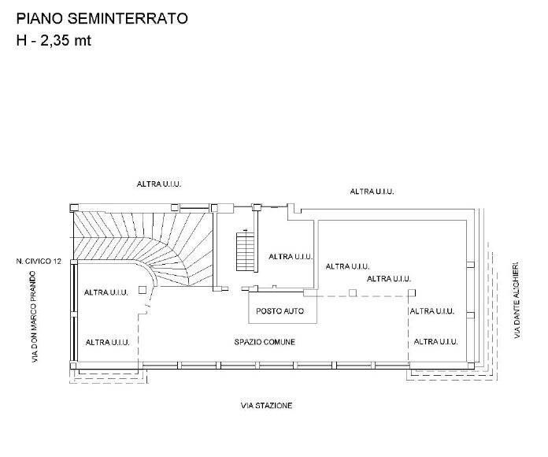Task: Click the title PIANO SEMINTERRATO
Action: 102,19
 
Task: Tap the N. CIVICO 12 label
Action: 39,261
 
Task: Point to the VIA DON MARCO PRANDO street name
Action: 34,317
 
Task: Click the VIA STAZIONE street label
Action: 266,406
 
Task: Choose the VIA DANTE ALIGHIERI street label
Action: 517,300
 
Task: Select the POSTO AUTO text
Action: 280,311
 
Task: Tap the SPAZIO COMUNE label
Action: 265,342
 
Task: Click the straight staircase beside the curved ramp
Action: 246,251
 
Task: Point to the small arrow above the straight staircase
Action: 246,230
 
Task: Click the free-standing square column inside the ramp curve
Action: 143,289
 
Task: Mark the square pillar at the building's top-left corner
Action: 74,208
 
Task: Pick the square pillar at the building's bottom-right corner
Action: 471,366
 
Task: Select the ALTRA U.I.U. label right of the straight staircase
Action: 291,257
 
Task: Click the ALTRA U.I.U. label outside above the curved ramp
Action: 159,184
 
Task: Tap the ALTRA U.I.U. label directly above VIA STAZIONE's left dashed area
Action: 108,342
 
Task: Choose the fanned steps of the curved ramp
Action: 143,245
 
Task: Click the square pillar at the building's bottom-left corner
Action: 73,366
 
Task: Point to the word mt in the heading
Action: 83,41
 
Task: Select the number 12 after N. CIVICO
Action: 57,261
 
